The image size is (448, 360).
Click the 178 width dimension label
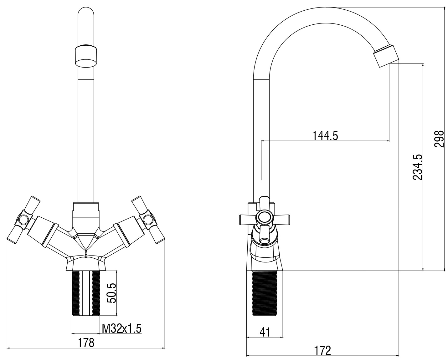86,343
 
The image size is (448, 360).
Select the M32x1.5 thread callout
121,329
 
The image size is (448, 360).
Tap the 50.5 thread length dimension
111,293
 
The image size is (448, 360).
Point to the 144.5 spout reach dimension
325,136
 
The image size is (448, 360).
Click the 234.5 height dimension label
417,167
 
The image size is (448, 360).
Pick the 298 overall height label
439,139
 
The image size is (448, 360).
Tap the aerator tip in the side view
386,56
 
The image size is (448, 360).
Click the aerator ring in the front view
86,56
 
